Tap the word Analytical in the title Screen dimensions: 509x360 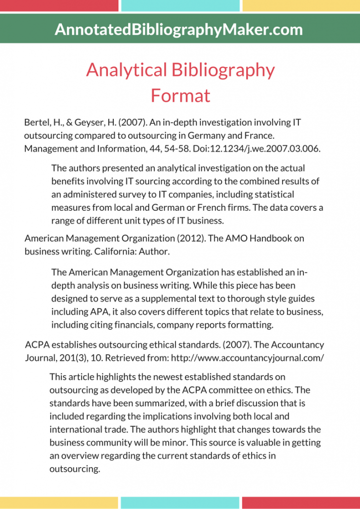click(x=127, y=70)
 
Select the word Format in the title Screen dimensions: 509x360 click(x=180, y=95)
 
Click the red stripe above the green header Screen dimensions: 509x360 click(x=59, y=5)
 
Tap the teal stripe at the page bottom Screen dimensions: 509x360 click(x=180, y=503)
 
